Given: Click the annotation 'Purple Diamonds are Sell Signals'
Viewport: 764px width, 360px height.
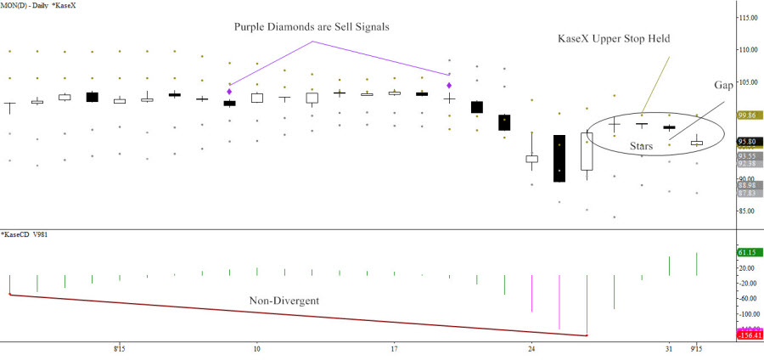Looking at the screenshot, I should tap(312, 26).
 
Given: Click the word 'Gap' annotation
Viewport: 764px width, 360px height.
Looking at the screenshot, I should tap(722, 87).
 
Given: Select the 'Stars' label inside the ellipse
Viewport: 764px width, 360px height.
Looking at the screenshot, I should tap(647, 146).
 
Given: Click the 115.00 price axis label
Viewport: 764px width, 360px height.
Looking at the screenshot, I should tap(748, 18).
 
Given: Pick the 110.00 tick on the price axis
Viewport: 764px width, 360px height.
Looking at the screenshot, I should tap(748, 50).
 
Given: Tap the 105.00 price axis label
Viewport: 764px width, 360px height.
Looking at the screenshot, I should tap(748, 82).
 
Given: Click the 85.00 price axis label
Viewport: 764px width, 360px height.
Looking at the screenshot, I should tap(748, 211).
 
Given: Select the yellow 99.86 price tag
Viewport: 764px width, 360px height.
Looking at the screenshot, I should tap(748, 115).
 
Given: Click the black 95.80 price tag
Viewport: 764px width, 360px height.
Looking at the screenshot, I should tap(748, 142).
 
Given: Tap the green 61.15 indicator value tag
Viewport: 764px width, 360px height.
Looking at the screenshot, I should tap(748, 252).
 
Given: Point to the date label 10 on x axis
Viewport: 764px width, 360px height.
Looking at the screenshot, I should tap(256, 348).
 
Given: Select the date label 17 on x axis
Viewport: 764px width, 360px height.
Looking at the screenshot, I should tap(394, 348).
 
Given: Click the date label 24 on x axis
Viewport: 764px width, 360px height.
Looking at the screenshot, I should tap(531, 348).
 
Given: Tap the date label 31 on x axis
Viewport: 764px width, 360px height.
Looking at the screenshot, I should tap(669, 348).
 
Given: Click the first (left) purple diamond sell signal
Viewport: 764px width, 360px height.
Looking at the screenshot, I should tap(229, 91).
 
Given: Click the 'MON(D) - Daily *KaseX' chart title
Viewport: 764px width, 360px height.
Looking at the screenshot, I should tap(37, 6).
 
